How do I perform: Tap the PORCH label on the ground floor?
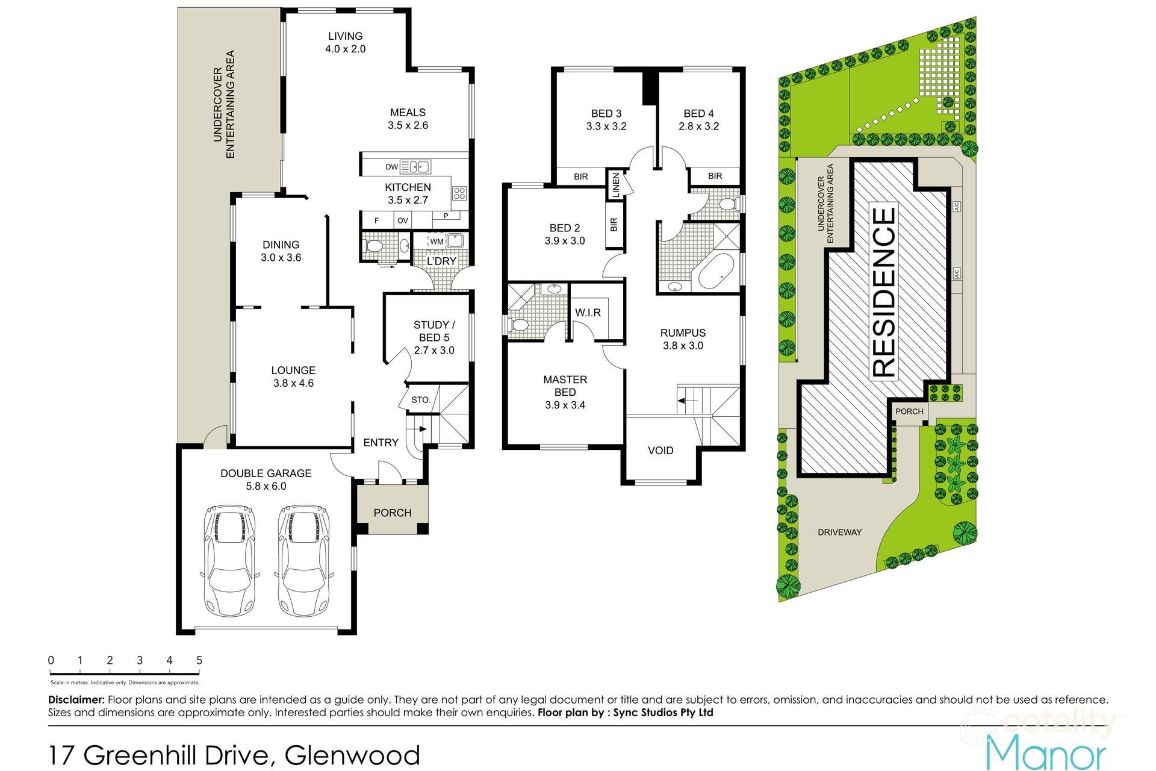pyautogui.click(x=393, y=513)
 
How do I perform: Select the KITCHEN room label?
pyautogui.click(x=408, y=187)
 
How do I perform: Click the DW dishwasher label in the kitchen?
pyautogui.click(x=391, y=167)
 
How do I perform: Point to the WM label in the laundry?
pyautogui.click(x=437, y=242)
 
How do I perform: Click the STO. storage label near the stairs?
pyautogui.click(x=421, y=400)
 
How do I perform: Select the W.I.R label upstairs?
pyautogui.click(x=588, y=313)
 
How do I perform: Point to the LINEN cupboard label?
pyautogui.click(x=615, y=184)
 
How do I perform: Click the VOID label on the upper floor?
pyautogui.click(x=660, y=451)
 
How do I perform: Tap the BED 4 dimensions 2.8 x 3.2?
pyautogui.click(x=698, y=126)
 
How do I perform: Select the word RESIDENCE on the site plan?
pyautogui.click(x=884, y=293)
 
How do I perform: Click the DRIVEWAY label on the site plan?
pyautogui.click(x=839, y=532)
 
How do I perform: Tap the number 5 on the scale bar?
pyautogui.click(x=199, y=660)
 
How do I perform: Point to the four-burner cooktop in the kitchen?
pyautogui.click(x=459, y=193)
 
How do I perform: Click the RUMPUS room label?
pyautogui.click(x=683, y=332)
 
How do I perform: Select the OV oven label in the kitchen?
pyautogui.click(x=402, y=220)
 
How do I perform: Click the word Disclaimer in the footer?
pyautogui.click(x=76, y=700)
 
